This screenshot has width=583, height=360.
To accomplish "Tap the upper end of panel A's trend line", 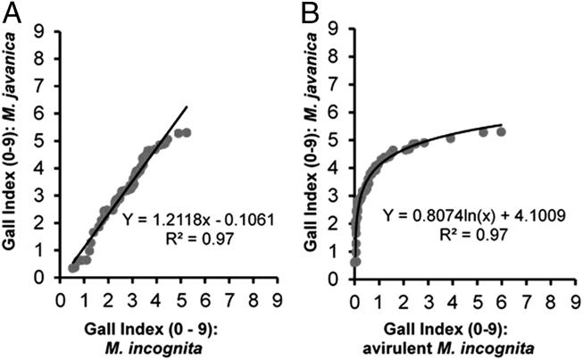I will tap(186, 106).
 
